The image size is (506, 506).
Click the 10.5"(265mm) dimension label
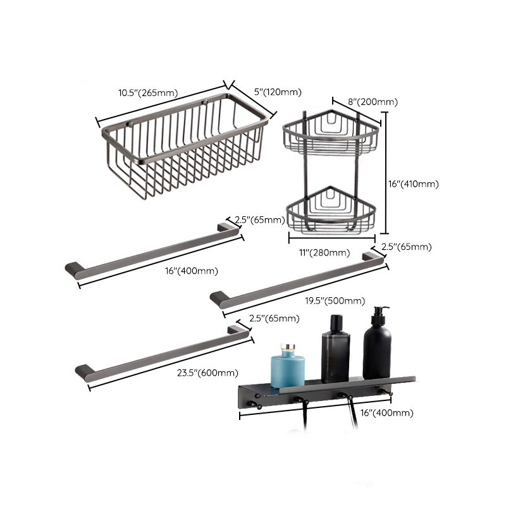click(147, 93)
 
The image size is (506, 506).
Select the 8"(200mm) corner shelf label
click(373, 101)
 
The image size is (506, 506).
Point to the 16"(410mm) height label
click(412, 184)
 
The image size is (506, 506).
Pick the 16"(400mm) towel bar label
click(191, 271)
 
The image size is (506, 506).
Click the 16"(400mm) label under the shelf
click(386, 412)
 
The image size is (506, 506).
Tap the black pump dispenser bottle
click(378, 348)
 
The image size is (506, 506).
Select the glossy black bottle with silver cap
click(335, 351)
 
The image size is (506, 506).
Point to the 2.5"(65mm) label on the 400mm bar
click(259, 220)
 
